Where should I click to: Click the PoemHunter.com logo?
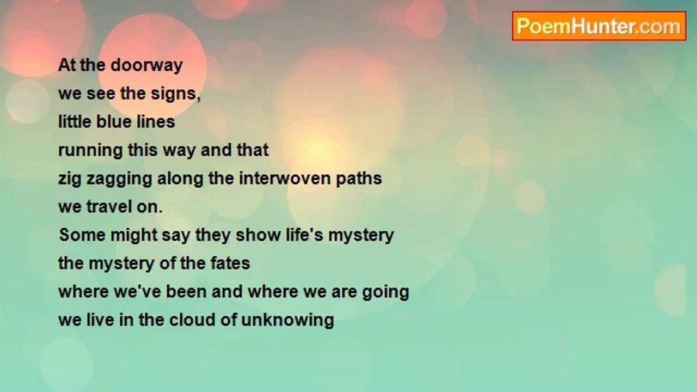[599, 26]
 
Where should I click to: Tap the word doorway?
[146, 66]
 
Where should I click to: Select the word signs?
[176, 94]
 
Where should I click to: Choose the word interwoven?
[284, 178]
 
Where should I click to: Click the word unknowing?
[288, 321]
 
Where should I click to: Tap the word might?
[134, 236]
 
